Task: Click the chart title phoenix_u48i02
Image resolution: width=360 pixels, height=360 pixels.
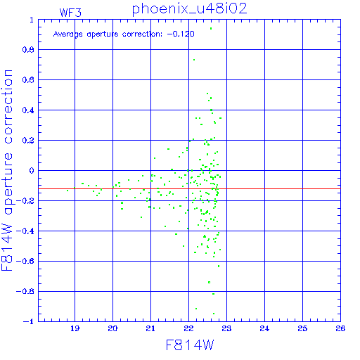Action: tap(189, 9)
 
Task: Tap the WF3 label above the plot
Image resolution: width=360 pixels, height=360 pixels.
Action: tap(70, 13)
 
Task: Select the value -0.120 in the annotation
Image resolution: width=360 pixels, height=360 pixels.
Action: tap(181, 34)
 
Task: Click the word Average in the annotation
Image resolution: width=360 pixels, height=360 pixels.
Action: tap(68, 34)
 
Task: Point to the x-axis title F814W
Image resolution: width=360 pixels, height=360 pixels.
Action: tap(190, 345)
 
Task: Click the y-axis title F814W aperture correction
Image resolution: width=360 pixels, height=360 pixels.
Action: tap(7, 170)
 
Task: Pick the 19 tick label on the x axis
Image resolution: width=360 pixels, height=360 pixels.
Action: tap(75, 328)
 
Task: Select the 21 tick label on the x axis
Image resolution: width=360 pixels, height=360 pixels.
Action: tap(150, 328)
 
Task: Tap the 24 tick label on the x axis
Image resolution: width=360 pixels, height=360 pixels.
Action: tap(264, 328)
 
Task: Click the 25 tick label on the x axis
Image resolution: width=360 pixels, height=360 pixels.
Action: tap(302, 328)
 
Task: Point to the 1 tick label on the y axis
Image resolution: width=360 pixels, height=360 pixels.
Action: tap(32, 20)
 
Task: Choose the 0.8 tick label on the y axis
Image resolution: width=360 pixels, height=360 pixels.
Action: tap(28, 50)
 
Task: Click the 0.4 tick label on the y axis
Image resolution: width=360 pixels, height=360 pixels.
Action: tap(28, 110)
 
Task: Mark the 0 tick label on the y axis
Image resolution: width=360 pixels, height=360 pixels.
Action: tap(32, 171)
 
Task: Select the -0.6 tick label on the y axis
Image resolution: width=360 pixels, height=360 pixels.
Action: tap(25, 261)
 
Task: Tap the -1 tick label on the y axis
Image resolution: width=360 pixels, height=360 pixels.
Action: tap(29, 321)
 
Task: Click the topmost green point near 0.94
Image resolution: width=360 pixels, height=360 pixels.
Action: tap(211, 29)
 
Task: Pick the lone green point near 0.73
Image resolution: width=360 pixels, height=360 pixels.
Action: tap(194, 60)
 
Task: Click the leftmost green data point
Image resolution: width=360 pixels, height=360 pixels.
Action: tap(67, 191)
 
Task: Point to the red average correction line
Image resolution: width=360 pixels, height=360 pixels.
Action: tap(189, 188)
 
